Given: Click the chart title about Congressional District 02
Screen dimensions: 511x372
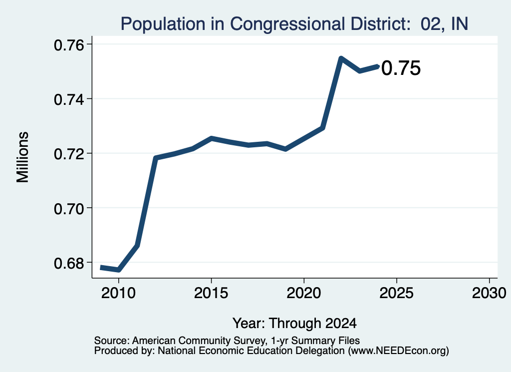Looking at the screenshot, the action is [294, 24].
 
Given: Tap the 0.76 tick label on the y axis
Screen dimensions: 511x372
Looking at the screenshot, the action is [68, 45].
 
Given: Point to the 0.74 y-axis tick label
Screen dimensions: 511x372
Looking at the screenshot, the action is [68, 99].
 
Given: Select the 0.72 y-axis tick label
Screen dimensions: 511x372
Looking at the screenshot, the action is [68, 154].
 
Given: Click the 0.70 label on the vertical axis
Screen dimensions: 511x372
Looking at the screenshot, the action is [68, 209].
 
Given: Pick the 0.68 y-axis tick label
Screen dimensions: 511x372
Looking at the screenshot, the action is [68, 263].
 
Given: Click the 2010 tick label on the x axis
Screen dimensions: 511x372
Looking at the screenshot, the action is [118, 293].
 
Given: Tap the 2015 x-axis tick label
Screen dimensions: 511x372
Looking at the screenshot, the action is [211, 293].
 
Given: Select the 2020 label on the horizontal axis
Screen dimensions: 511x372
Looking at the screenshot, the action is [304, 293].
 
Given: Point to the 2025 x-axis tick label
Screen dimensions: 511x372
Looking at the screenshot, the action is [397, 293].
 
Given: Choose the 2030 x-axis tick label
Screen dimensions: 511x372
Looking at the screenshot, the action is [489, 293].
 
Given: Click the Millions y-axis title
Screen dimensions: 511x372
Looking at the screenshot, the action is [22, 157].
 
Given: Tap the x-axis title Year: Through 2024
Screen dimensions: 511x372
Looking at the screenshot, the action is [294, 323].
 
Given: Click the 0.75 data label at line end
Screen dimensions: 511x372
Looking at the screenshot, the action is [401, 68].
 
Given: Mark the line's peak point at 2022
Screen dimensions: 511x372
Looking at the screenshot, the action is [341, 58].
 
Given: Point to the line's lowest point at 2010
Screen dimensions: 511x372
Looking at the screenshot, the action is [119, 270].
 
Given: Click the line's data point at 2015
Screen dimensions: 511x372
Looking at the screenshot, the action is [212, 138].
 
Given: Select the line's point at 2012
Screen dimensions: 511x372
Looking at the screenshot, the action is [156, 158].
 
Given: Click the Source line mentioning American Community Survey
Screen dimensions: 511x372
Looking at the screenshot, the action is [227, 341].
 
